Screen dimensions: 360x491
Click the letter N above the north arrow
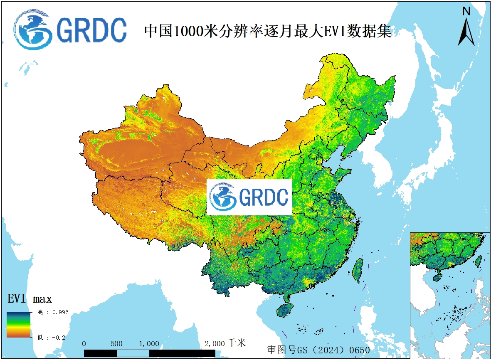coord(466,12)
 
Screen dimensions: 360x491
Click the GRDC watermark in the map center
coord(249,197)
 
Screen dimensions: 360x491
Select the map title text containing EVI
coord(268,31)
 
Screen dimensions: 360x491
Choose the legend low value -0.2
coord(52,337)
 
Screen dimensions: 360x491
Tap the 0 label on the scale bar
coord(84,343)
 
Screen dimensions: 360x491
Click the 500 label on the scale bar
coord(117,343)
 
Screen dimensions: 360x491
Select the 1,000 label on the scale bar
coord(149,343)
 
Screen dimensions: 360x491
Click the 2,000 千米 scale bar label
coord(225,343)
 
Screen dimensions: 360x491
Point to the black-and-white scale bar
coord(150,353)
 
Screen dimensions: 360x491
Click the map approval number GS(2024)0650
coord(318,350)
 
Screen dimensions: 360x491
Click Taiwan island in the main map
coord(357,270)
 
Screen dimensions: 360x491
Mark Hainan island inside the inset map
coord(437,276)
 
